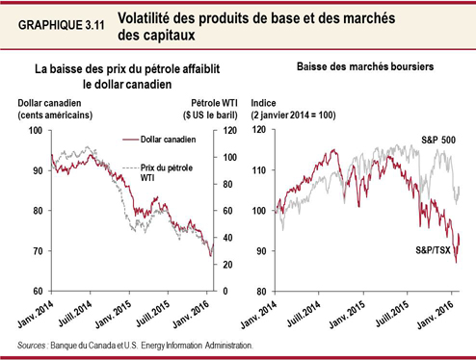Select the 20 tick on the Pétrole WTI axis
click(228, 264)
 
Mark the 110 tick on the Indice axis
click(260, 169)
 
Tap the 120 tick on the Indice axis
click(260, 129)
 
